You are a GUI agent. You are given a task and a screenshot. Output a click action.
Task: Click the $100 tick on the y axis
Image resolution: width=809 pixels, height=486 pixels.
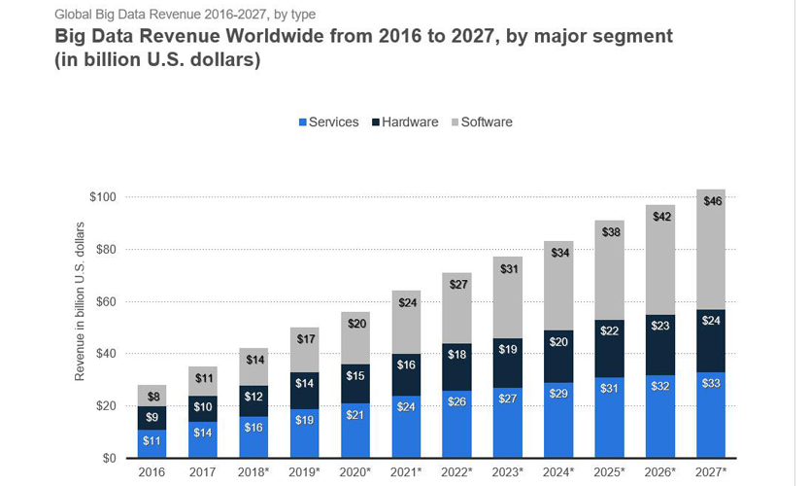(x=102, y=197)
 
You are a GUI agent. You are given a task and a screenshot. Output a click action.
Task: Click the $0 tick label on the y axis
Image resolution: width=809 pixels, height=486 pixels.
(x=109, y=458)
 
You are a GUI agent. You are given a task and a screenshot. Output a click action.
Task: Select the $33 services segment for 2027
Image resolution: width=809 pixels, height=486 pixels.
(x=711, y=414)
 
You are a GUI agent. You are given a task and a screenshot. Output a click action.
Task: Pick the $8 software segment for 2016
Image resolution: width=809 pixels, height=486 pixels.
(x=152, y=396)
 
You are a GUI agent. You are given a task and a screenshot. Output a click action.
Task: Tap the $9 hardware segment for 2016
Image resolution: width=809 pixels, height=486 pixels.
(x=152, y=418)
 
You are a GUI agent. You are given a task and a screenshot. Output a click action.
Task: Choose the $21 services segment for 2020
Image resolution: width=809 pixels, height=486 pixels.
(x=355, y=430)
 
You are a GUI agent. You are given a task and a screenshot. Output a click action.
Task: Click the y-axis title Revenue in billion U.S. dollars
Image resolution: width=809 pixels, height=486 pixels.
(x=80, y=301)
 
